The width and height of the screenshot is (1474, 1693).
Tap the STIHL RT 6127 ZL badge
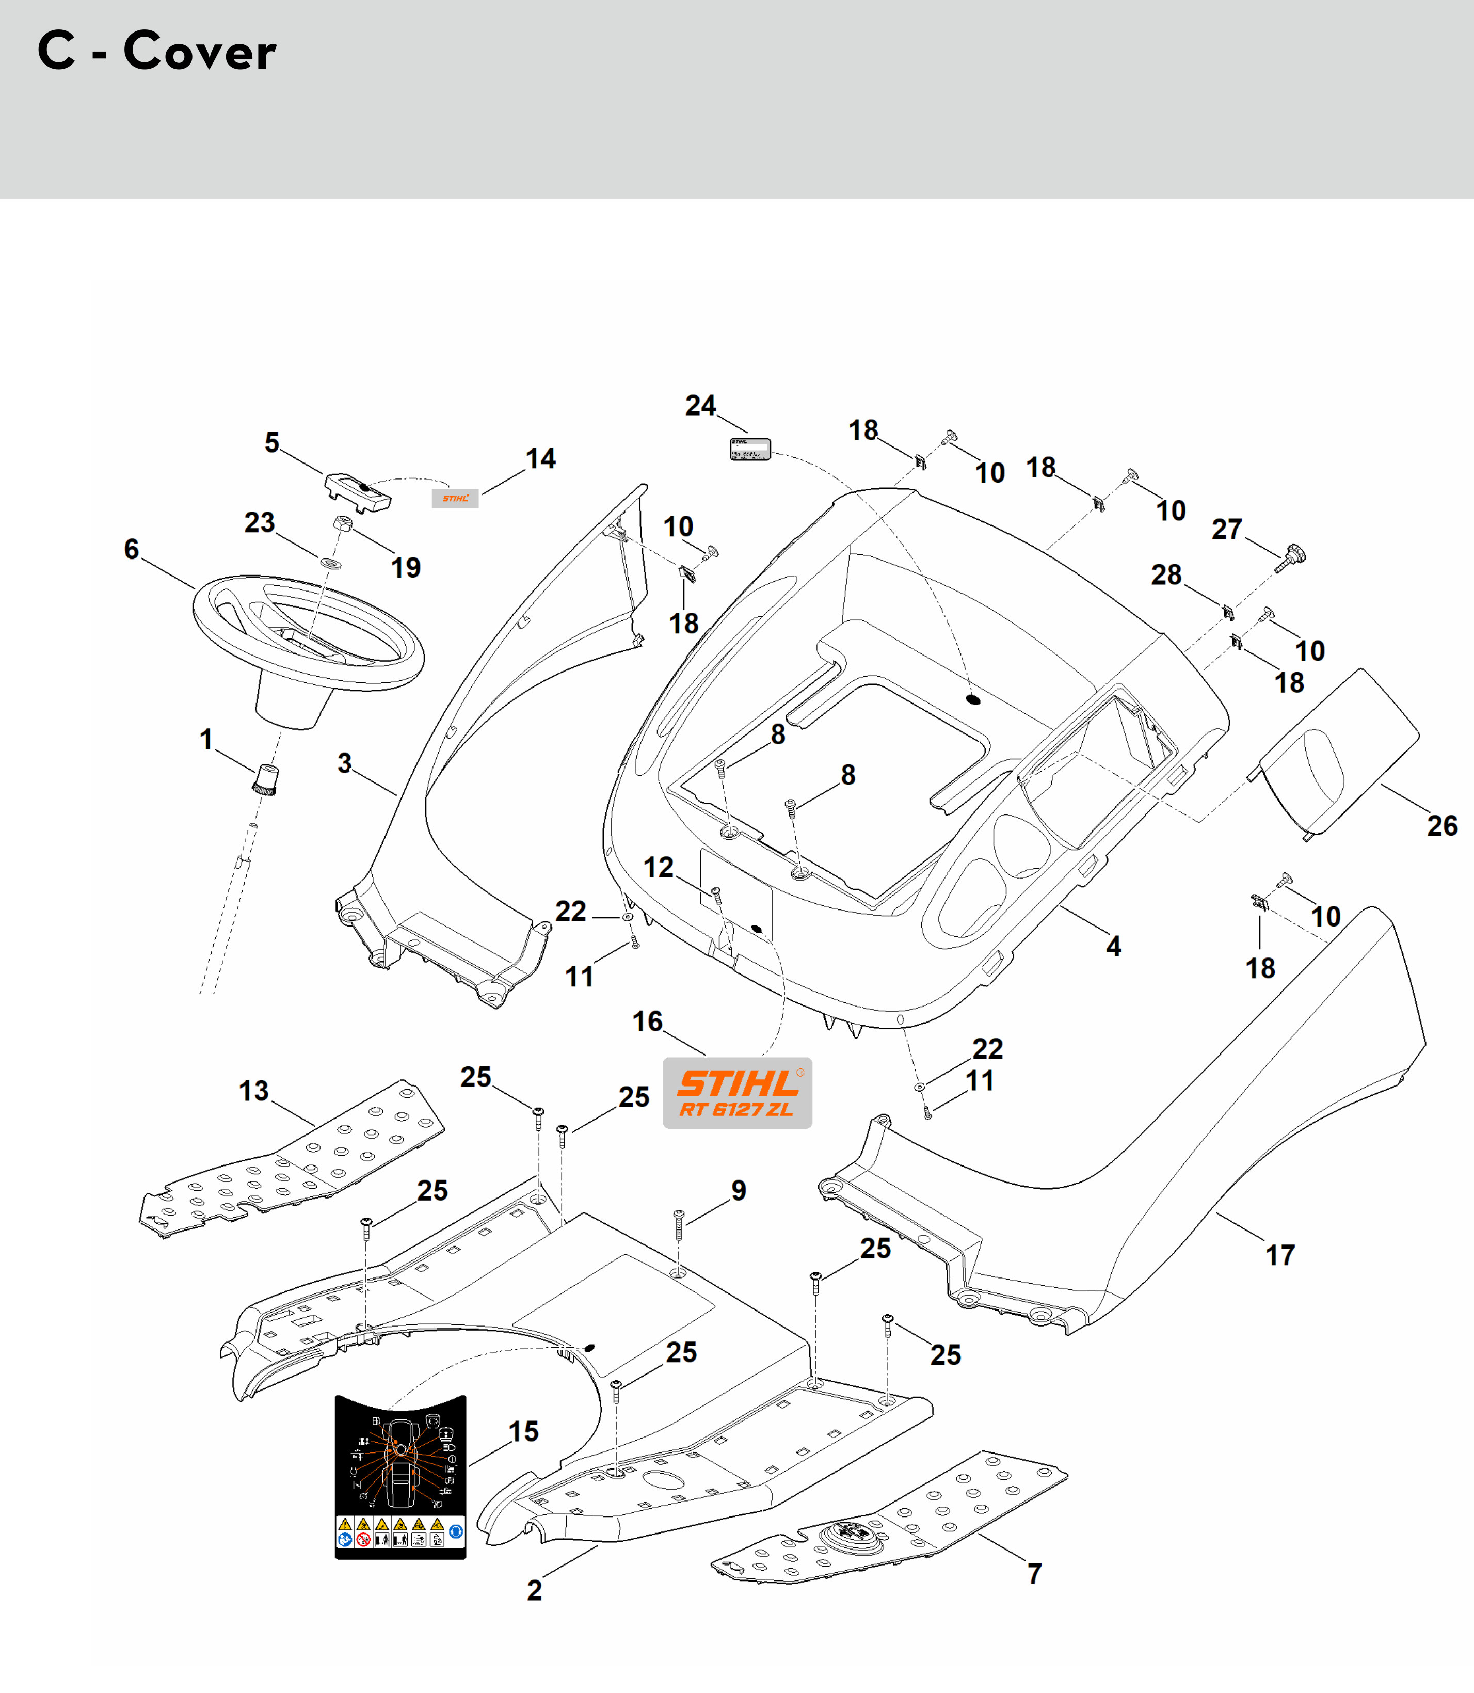[x=737, y=1093]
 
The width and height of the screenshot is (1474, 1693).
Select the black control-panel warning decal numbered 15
[x=400, y=1477]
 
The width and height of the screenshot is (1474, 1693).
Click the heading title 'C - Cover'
[x=157, y=51]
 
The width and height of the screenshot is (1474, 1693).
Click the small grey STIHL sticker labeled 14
[x=455, y=498]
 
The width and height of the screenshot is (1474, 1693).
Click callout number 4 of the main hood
[x=1113, y=946]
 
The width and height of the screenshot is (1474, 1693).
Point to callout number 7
[x=1034, y=1574]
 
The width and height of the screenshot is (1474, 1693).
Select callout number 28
[x=1165, y=574]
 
